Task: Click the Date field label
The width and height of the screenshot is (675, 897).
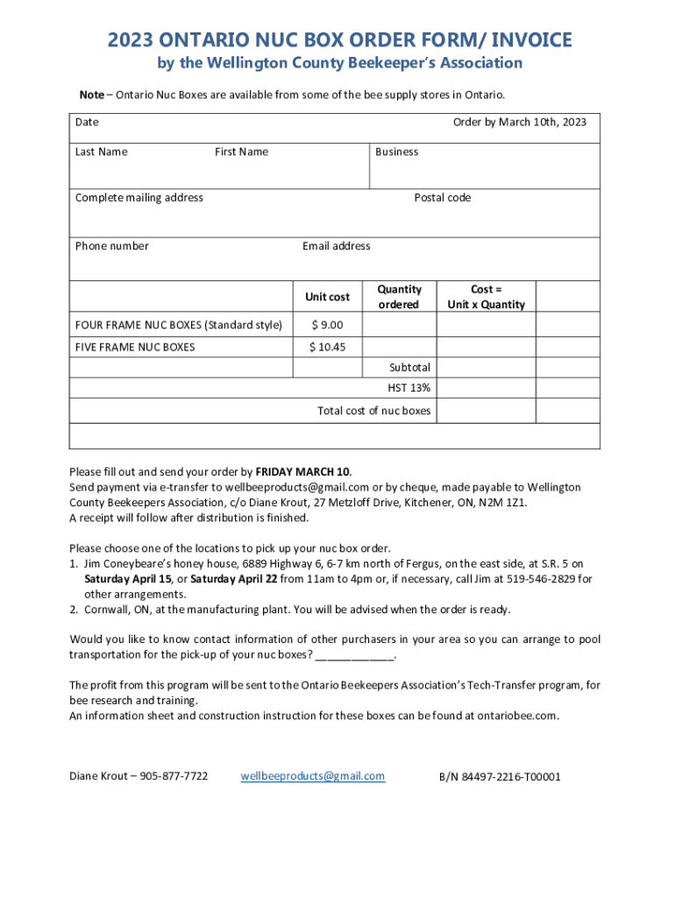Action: coord(87,122)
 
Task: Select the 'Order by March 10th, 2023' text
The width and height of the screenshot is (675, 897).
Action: coord(519,122)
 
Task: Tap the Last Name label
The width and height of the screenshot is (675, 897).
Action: coord(101,152)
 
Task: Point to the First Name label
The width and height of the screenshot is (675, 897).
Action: coord(241,152)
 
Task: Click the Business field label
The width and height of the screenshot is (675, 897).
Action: coord(396,152)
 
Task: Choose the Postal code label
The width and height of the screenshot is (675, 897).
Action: coord(442,197)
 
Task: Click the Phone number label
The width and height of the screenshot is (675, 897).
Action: coord(111,245)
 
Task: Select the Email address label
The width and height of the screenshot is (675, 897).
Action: coord(336,245)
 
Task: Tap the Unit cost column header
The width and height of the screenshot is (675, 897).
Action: coord(327,297)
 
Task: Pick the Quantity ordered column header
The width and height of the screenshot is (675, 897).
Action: coord(399,296)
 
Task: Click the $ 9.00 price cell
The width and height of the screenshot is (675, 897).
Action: coord(327,325)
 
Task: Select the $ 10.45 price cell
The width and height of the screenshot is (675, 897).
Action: coord(327,347)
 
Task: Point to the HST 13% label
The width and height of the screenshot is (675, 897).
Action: coord(409,387)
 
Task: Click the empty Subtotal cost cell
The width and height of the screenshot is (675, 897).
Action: coord(486,367)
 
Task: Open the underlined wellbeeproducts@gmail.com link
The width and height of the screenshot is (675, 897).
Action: coord(312,776)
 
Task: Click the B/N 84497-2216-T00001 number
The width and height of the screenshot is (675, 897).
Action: coord(500,776)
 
